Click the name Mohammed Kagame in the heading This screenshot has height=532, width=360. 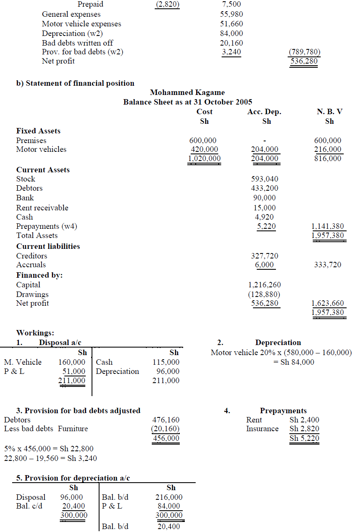coord(187,92)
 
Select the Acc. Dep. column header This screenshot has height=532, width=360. coord(264,112)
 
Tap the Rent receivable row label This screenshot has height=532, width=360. coord(42,208)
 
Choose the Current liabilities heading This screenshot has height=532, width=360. coord(48,246)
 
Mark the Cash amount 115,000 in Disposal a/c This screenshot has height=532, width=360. coord(166,362)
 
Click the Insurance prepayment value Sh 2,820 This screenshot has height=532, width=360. coord(304,429)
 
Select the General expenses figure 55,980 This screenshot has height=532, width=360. coord(231,14)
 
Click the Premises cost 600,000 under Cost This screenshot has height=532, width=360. coord(203,141)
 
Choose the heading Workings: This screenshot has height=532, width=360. coord(35,333)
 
